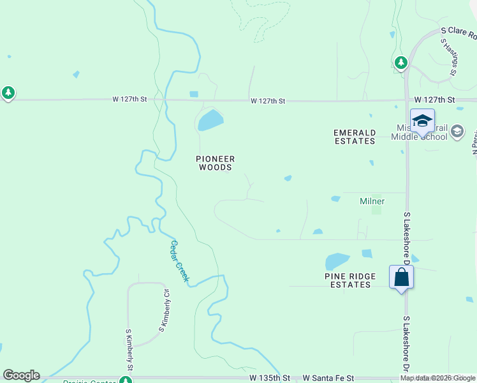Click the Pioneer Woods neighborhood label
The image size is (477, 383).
tap(215, 163)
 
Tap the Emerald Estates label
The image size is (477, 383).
tap(355, 137)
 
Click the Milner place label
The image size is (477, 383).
tap(372, 201)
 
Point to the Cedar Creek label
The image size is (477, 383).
tap(180, 262)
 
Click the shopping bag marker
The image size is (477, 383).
tap(402, 278)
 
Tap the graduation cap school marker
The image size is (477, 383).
tap(422, 121)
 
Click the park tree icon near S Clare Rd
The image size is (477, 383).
tap(400, 63)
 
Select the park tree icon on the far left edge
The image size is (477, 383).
tap(8, 93)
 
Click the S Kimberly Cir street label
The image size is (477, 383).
tap(165, 310)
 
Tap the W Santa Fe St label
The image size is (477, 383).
tap(328, 379)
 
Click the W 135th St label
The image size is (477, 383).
tap(274, 379)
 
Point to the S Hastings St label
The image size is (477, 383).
tap(448, 56)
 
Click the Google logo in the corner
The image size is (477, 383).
tap(21, 375)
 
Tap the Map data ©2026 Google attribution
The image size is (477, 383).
tap(437, 379)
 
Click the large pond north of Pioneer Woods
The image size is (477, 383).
tap(210, 119)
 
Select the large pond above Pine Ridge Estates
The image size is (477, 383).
tap(337, 261)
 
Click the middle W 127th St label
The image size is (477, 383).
tap(267, 101)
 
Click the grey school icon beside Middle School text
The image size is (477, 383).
tap(457, 131)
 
